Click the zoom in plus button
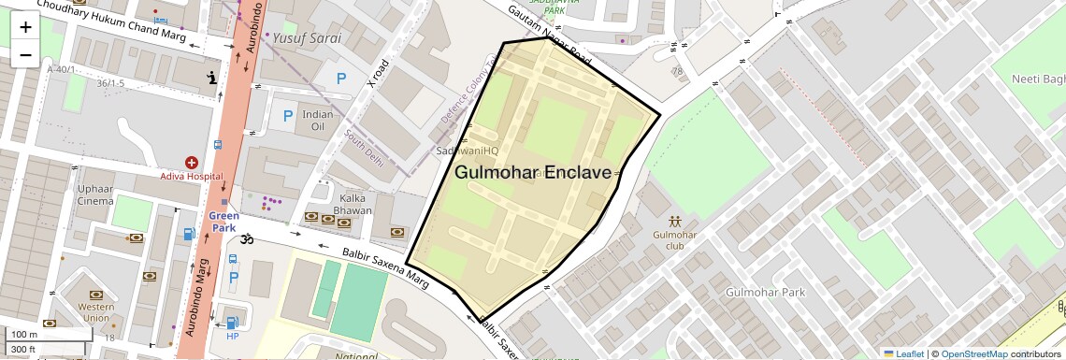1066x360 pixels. coord(25,27)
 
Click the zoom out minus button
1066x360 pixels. coord(25,55)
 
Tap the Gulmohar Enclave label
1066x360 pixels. coord(533,173)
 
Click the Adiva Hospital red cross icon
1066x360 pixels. coord(192,163)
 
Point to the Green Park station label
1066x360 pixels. coord(223,222)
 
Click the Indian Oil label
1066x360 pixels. coord(318,120)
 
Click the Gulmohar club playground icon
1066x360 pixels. coord(675,221)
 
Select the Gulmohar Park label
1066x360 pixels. coord(766,292)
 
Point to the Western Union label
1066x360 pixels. coord(96,312)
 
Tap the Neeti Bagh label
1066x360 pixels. coord(1038,79)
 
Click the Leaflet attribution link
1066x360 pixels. coord(903,353)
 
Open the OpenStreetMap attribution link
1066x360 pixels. coord(973,353)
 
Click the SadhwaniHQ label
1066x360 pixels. coord(468,151)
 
